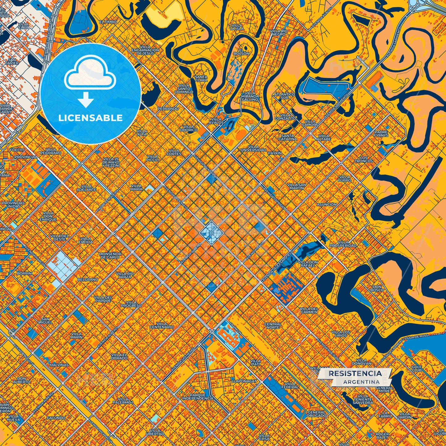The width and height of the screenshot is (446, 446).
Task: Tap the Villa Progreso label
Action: click(x=131, y=304)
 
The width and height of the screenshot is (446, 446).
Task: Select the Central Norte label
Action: click(x=273, y=326)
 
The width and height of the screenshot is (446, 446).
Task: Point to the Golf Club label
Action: click(x=416, y=368)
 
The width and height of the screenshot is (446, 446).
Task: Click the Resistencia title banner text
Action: click(x=355, y=373)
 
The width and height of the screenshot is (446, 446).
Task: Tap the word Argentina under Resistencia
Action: click(x=361, y=382)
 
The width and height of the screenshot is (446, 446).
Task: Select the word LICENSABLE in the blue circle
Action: click(x=90, y=118)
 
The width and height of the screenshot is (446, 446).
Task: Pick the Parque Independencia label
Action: click(x=198, y=397)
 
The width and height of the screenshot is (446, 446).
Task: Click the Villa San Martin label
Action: click(x=297, y=186)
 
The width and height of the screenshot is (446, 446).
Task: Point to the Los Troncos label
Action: click(x=364, y=159)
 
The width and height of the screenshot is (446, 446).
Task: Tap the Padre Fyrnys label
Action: click(x=381, y=134)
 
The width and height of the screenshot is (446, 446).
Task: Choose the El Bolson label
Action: click(x=241, y=52)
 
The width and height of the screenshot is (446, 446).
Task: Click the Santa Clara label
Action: click(x=201, y=78)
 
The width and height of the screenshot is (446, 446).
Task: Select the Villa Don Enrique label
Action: click(x=48, y=216)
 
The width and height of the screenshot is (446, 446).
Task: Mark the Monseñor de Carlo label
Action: click(x=110, y=255)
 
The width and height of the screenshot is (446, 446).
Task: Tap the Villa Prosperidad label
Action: click(x=343, y=244)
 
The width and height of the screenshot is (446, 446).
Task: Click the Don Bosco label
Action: click(x=377, y=288)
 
